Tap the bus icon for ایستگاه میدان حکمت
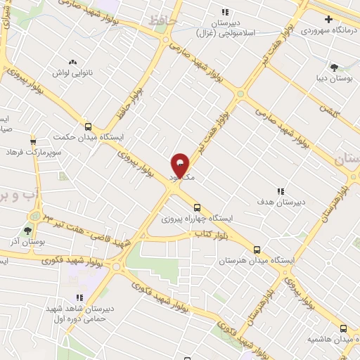coord(88,127)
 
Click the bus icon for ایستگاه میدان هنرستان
coord(257,250)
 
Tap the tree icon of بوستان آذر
coord(29,229)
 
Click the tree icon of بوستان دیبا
coord(333,68)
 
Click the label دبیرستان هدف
coord(280,202)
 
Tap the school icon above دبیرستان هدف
coord(280,191)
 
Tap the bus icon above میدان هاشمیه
coord(343,328)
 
